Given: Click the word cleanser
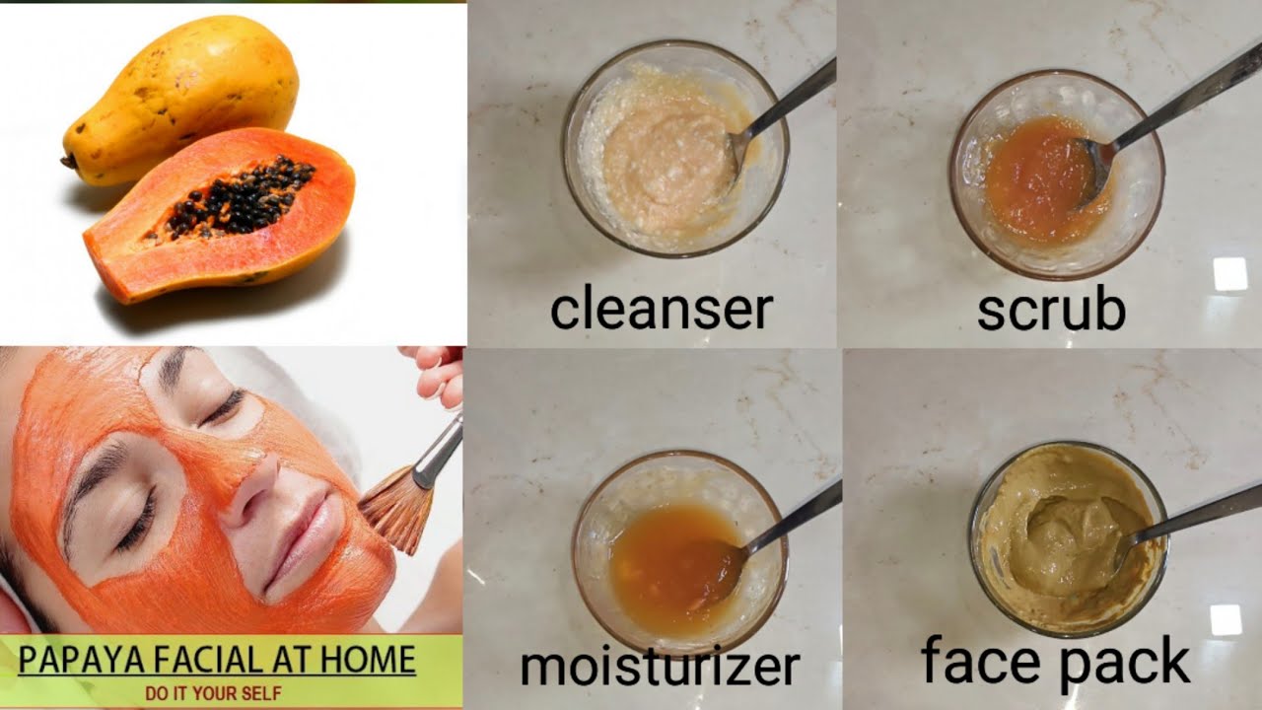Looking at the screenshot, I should point(661,309).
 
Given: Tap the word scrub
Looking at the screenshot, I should point(1051,310).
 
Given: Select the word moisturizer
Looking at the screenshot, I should point(660,666).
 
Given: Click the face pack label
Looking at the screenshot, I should point(1055,662).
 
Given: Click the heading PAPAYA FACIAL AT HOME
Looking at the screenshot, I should point(217,659).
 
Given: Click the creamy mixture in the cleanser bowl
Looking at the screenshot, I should point(661,158).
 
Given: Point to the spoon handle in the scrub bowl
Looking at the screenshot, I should point(1183,94).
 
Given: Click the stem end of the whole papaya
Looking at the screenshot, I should point(69,161).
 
